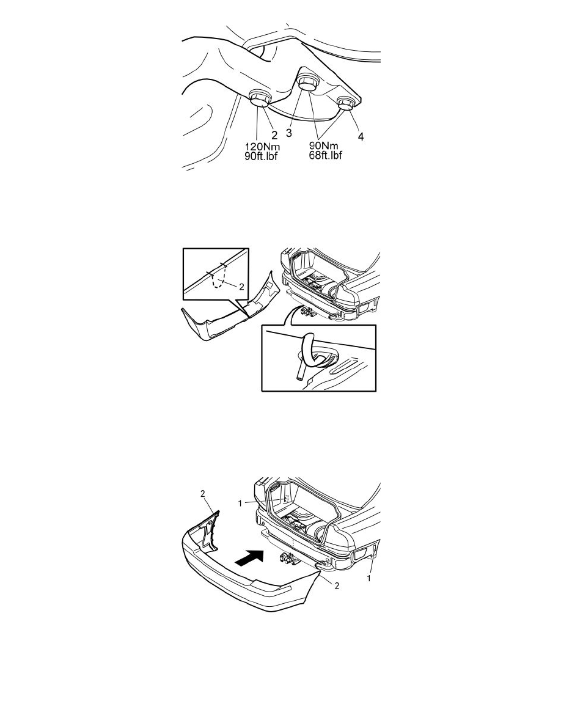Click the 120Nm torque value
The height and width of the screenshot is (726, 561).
click(262, 147)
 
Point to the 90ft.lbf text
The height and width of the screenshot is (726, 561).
click(261, 156)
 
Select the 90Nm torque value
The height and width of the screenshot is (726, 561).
click(323, 146)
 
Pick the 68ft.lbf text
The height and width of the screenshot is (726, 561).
click(326, 155)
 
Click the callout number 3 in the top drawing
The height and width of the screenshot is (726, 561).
click(289, 133)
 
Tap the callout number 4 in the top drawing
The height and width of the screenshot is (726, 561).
click(360, 137)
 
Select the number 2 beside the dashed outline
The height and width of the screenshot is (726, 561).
click(241, 287)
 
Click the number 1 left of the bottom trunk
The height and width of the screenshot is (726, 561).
click(240, 504)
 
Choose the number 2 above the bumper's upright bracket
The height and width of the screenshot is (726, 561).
click(203, 494)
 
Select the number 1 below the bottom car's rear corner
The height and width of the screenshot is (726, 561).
click(369, 578)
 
